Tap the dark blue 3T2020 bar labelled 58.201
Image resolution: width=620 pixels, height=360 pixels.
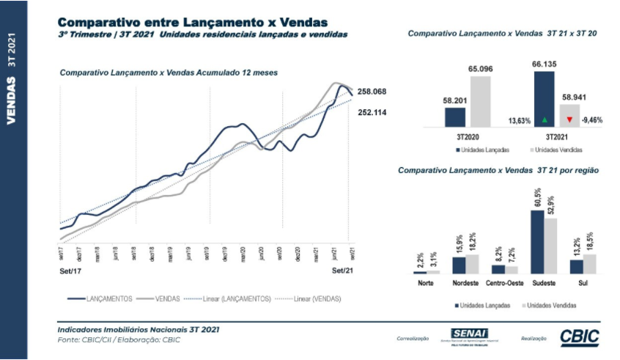pyautogui.click(x=455, y=118)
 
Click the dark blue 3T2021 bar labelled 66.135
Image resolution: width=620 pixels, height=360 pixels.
pyautogui.click(x=545, y=100)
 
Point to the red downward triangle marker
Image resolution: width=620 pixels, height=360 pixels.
pyautogui.click(x=569, y=119)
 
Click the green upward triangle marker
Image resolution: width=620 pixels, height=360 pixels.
pyautogui.click(x=545, y=119)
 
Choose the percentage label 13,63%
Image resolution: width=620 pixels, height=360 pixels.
pyautogui.click(x=519, y=120)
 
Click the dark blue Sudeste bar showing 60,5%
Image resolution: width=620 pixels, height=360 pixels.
pyautogui.click(x=538, y=242)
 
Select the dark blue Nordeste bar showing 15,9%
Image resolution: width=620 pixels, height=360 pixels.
pyautogui.click(x=459, y=265)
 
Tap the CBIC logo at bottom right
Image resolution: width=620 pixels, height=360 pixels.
pyautogui.click(x=579, y=337)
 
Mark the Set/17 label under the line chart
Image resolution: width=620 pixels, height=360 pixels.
pyautogui.click(x=68, y=271)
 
